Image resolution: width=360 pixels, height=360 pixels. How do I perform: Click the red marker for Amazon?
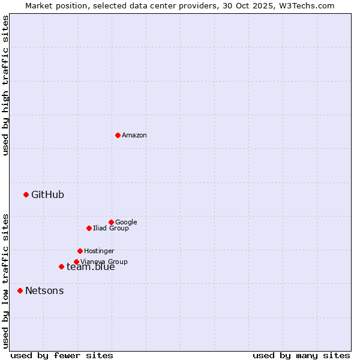point(118,135)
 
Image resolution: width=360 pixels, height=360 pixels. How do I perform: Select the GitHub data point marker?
point(26,194)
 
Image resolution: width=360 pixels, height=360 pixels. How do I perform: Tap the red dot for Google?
point(111,222)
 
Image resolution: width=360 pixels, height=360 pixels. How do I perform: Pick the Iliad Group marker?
point(89,228)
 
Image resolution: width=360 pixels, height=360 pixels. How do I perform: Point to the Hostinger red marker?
point(80,251)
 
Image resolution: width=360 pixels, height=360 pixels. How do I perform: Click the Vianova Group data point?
point(76,262)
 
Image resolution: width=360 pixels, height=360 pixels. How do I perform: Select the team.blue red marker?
point(61,266)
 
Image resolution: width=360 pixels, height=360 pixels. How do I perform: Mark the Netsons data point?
point(20,290)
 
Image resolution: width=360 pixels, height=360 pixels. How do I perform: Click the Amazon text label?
point(134,136)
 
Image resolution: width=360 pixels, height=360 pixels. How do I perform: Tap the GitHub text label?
point(47,194)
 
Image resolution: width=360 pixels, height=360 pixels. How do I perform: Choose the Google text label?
point(126,222)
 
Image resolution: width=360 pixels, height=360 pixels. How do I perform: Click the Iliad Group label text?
point(111,229)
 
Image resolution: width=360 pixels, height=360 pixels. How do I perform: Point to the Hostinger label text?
point(99,251)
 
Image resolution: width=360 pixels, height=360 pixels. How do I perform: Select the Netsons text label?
point(44,291)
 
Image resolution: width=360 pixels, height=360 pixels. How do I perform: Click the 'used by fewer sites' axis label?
point(62,355)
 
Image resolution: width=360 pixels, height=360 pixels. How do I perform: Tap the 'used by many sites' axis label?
point(301,355)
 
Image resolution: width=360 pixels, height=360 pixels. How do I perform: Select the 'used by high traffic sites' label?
point(6,85)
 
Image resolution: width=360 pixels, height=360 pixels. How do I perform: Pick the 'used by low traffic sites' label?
point(6,281)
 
